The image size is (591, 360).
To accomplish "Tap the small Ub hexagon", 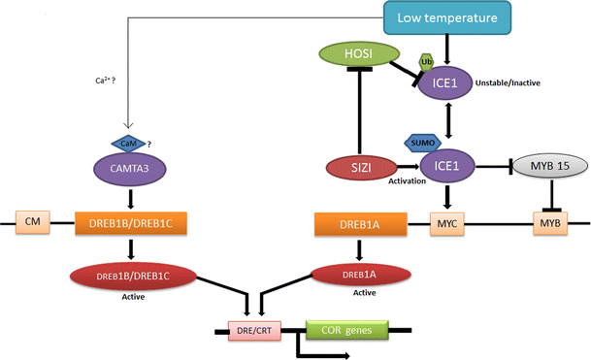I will pos(425,62).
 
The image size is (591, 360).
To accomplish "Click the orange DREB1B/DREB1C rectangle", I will pos(132,225).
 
